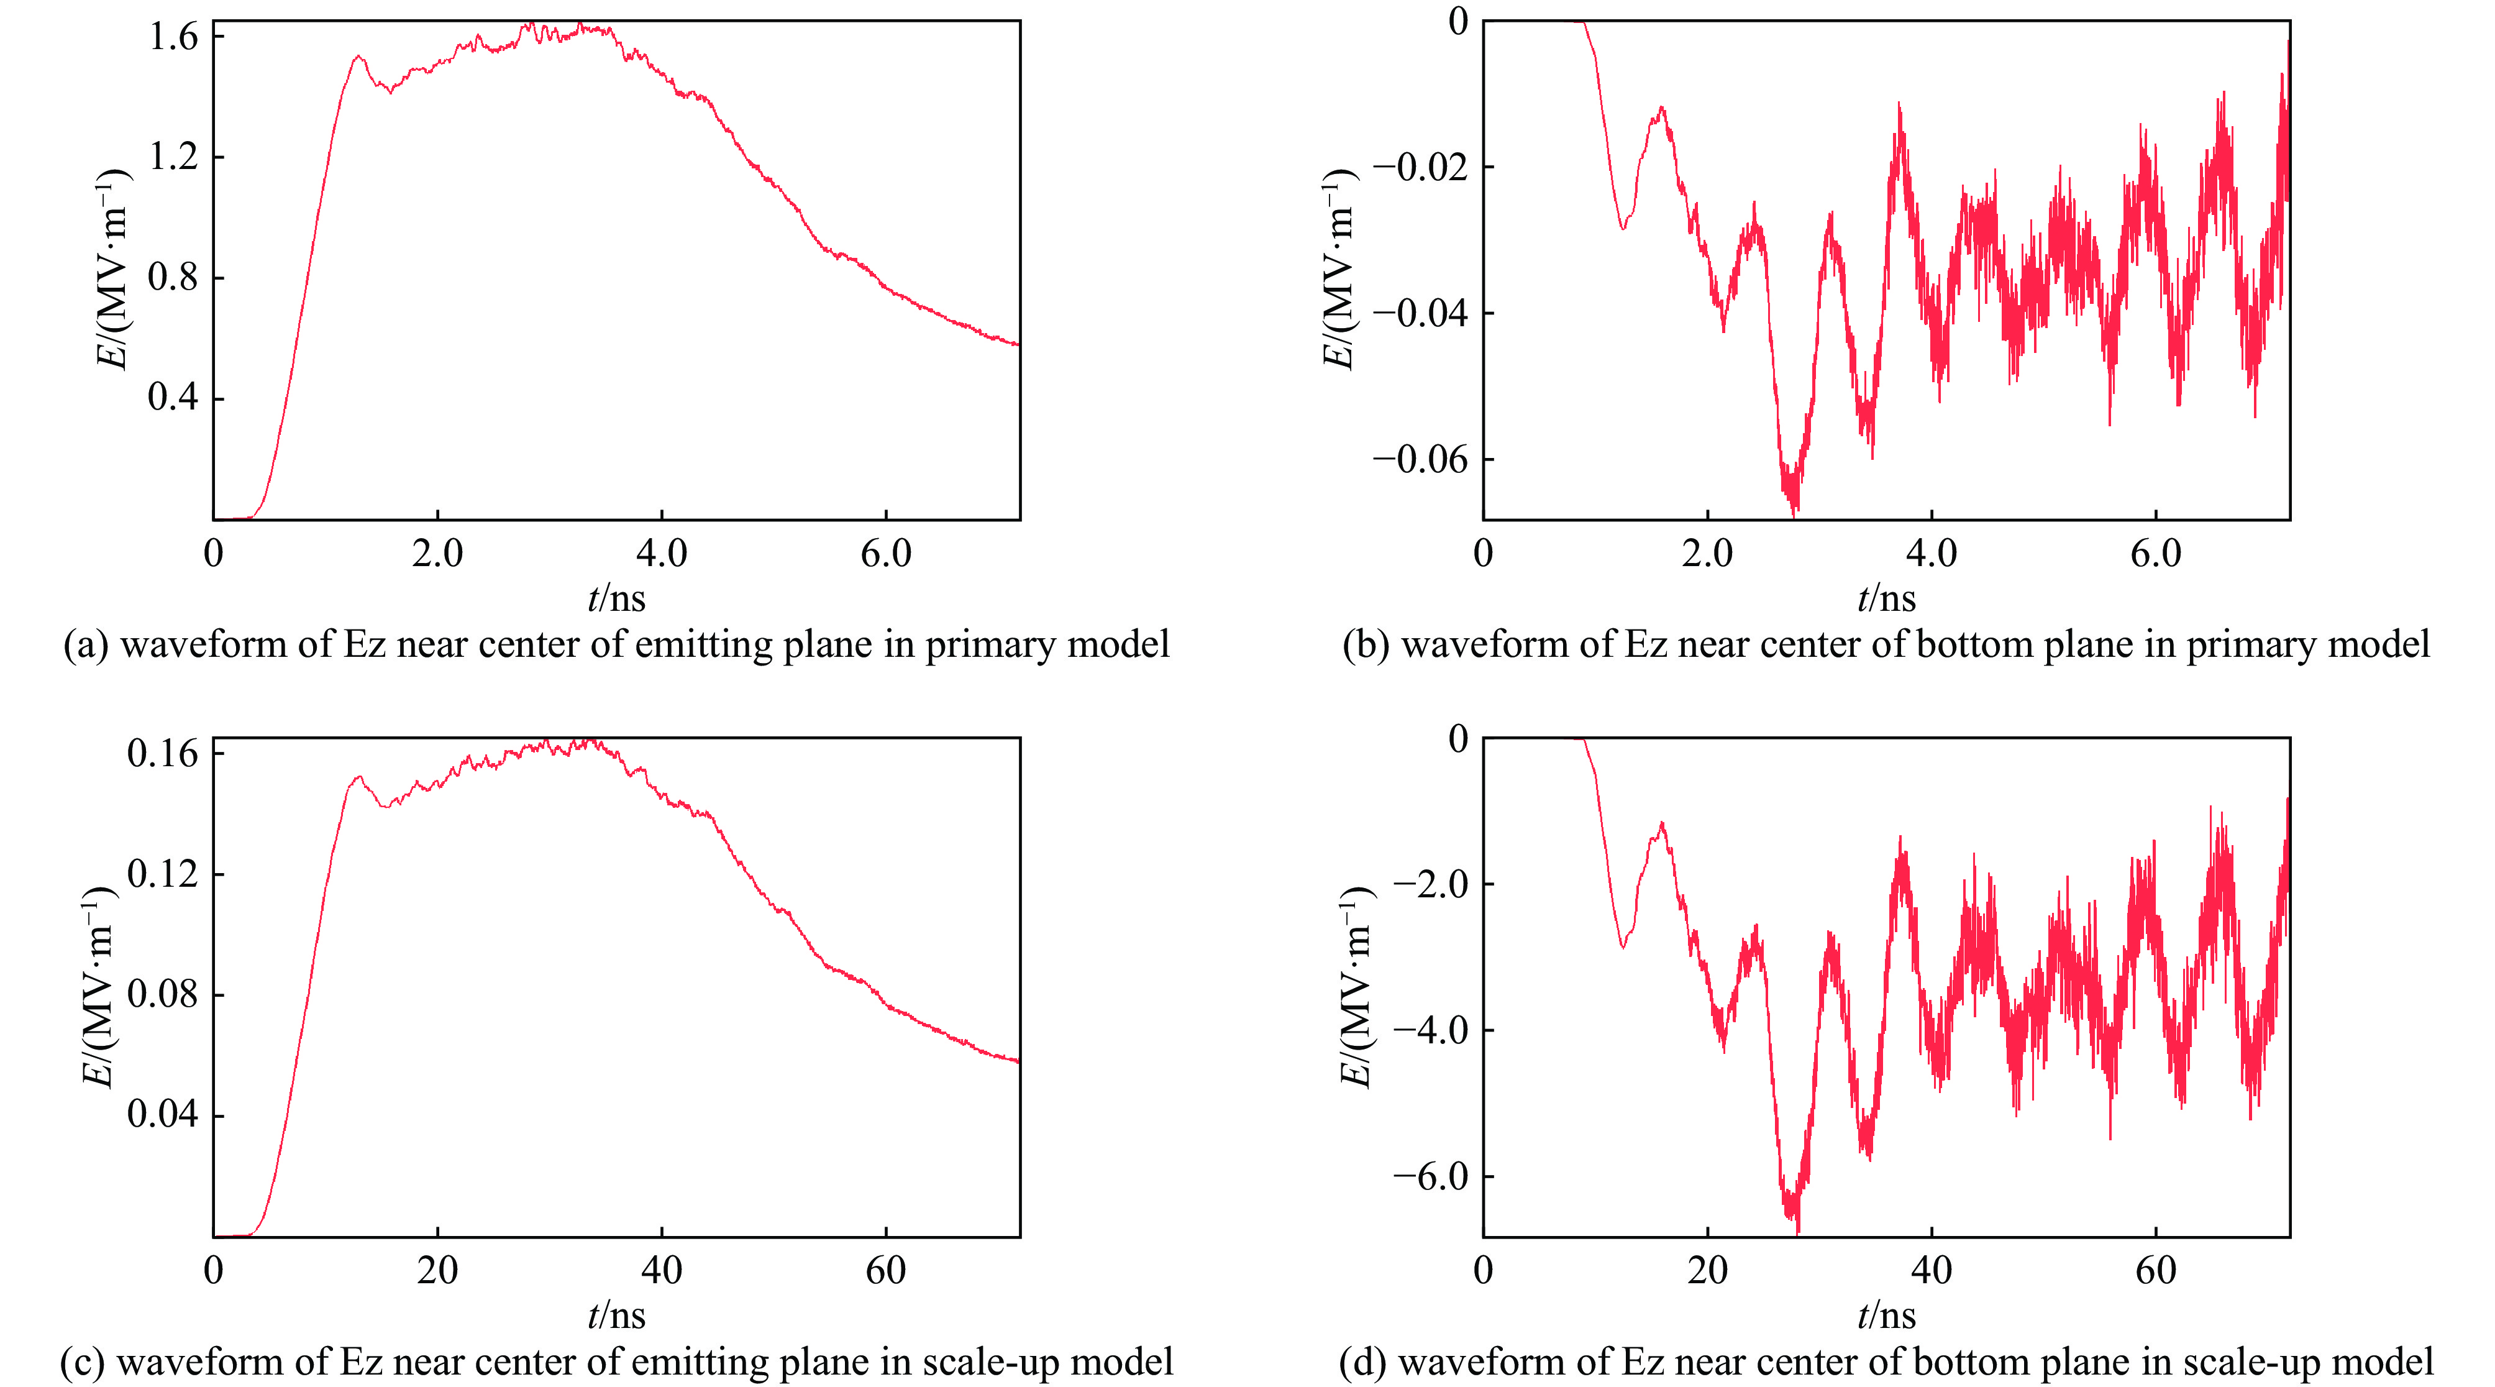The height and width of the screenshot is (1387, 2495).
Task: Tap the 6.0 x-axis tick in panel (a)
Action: click(x=885, y=554)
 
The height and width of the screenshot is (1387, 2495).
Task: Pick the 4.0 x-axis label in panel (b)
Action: click(x=1932, y=554)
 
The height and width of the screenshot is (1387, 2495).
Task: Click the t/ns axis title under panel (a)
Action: click(x=616, y=598)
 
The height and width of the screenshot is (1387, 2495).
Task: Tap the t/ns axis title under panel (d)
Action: click(x=1886, y=1316)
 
